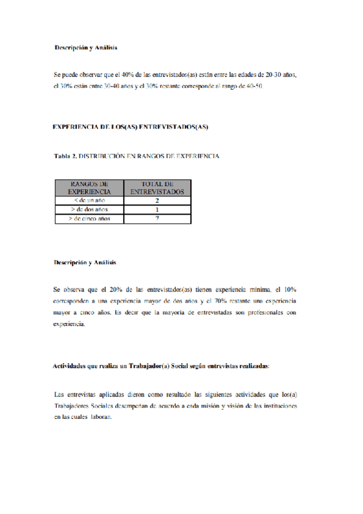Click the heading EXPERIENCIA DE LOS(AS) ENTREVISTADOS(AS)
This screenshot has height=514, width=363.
130,127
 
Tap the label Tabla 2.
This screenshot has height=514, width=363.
66,156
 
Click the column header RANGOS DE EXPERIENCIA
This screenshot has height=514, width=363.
89,187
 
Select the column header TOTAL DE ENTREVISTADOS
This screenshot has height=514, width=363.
157,187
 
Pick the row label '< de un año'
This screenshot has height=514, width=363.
89,200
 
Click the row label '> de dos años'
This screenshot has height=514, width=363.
89,209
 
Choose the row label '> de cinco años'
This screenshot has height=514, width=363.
89,218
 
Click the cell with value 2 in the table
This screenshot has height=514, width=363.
157,200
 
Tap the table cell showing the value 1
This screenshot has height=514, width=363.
157,209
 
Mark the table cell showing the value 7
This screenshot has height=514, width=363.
157,218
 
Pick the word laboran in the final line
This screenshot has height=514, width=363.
99,416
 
